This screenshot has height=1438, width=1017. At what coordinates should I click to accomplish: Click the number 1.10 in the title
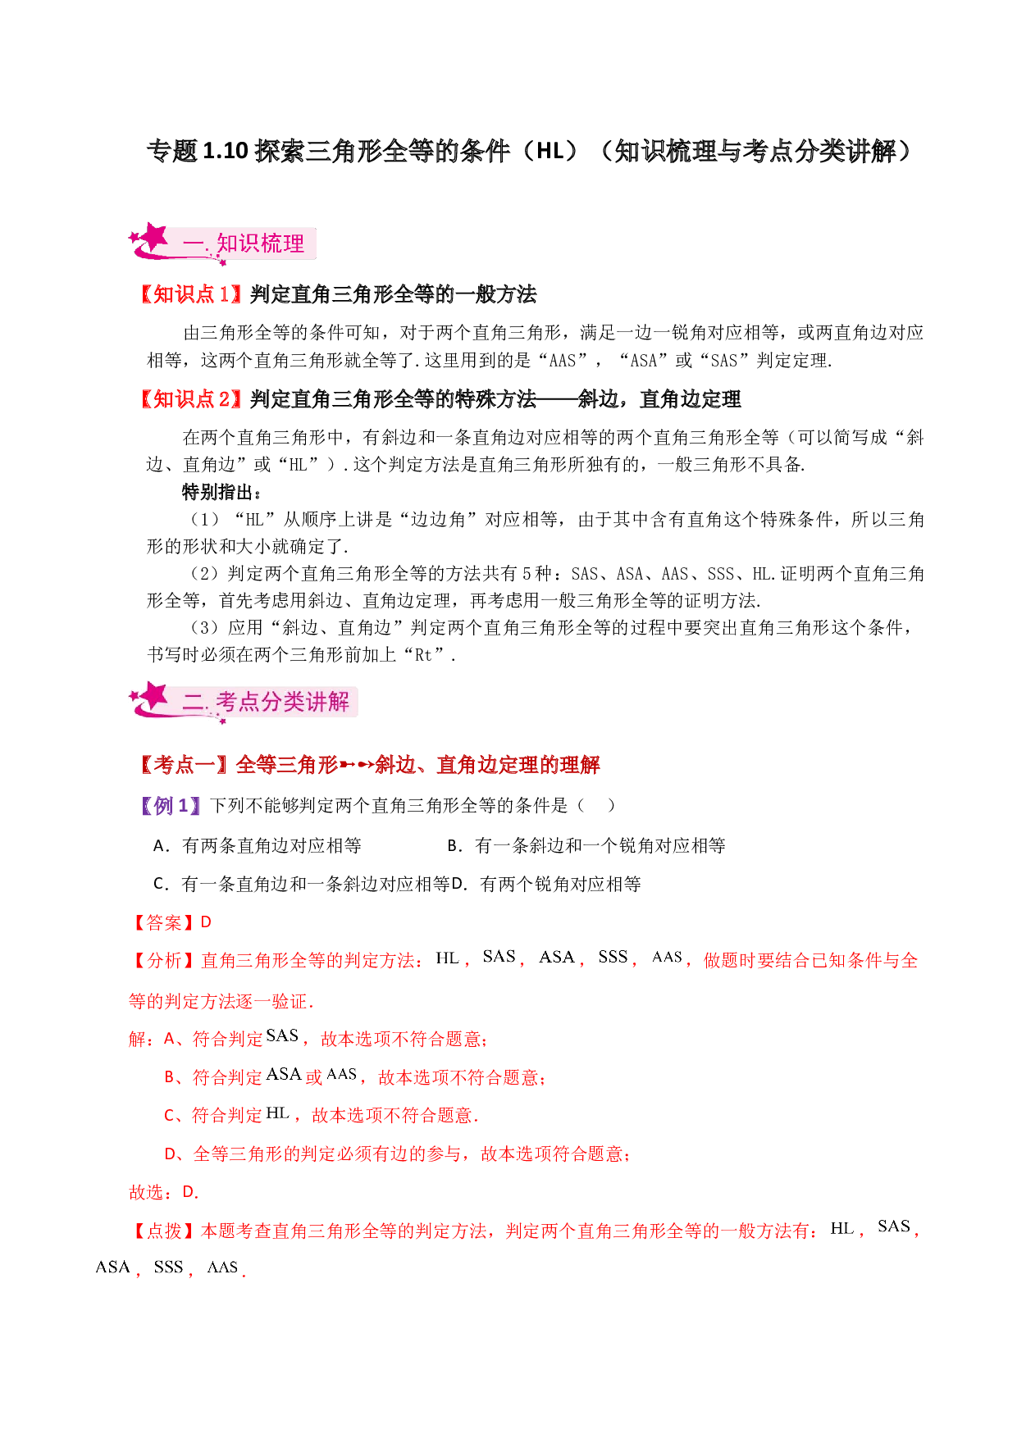(225, 151)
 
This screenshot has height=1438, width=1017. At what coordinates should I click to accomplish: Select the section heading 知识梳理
(260, 243)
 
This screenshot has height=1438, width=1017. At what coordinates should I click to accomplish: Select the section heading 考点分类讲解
(282, 702)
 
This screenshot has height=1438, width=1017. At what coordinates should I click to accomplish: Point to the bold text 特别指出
(217, 492)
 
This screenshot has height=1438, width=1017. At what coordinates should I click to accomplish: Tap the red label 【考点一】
(185, 765)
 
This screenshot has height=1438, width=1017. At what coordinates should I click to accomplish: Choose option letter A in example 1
(160, 845)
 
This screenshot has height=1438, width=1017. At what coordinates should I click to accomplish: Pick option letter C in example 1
(160, 884)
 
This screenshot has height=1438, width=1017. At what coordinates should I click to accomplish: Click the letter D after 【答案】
(206, 922)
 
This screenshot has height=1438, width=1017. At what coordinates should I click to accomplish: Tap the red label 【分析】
(164, 961)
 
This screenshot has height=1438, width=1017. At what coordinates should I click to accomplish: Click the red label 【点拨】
(164, 1231)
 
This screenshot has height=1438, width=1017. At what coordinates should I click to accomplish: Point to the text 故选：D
(163, 1192)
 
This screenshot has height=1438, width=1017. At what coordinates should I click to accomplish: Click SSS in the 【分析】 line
(613, 957)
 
